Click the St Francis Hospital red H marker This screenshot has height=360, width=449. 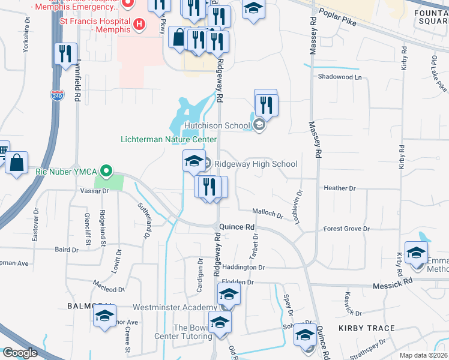pyautogui.click(x=139, y=25)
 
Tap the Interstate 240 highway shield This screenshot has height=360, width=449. pyautogui.click(x=55, y=95)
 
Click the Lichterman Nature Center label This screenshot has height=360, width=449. pyautogui.click(x=168, y=140)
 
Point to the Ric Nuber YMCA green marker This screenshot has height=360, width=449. pyautogui.click(x=106, y=171)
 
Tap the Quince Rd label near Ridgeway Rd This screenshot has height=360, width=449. pyautogui.click(x=238, y=227)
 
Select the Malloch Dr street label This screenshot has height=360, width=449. pyautogui.click(x=267, y=213)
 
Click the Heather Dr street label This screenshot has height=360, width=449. pyautogui.click(x=340, y=188)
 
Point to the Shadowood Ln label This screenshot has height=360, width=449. pyautogui.click(x=340, y=77)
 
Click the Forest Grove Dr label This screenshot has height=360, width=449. pyautogui.click(x=346, y=229)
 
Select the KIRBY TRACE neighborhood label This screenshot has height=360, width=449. pyautogui.click(x=366, y=328)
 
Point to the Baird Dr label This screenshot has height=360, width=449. pyautogui.click(x=66, y=249)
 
